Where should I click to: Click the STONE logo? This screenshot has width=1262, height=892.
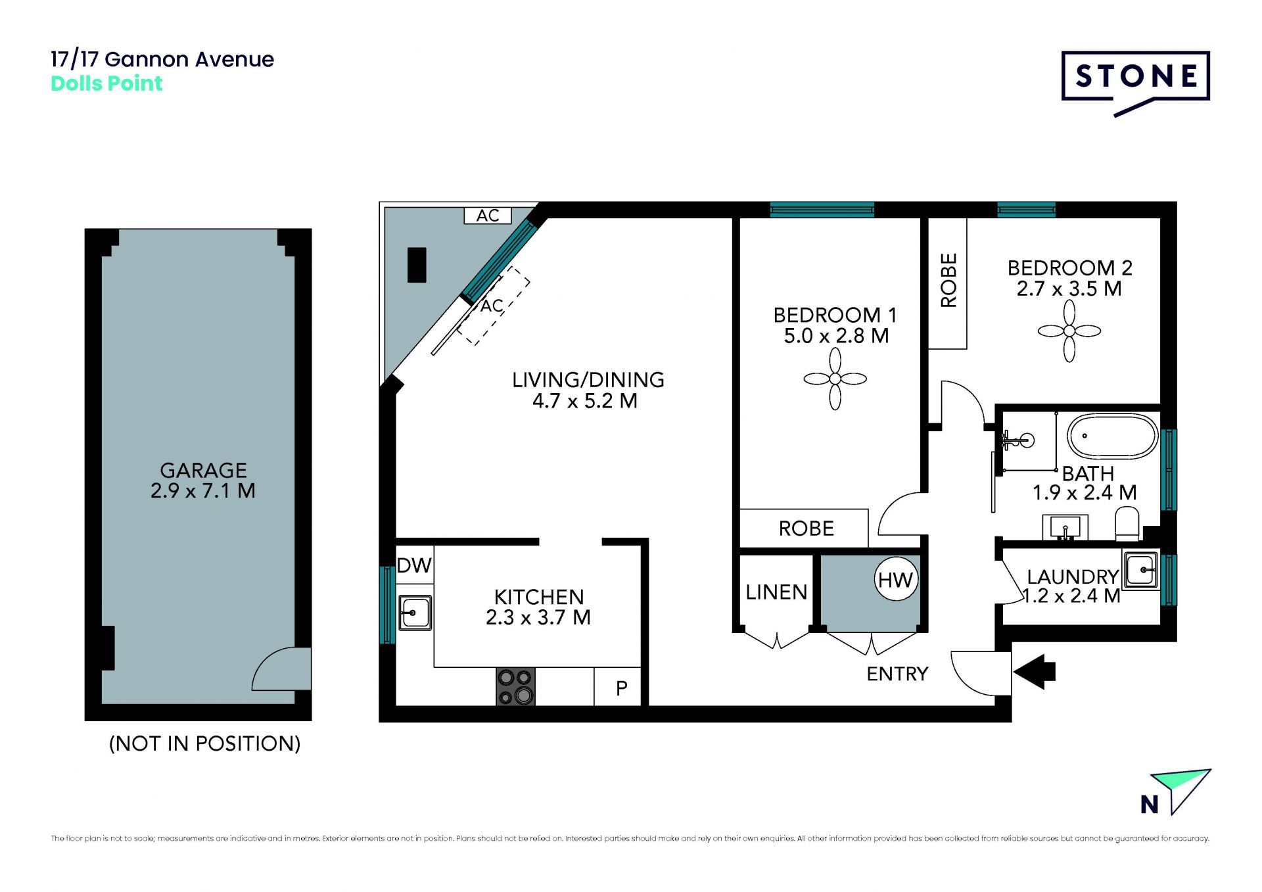pos(1135,83)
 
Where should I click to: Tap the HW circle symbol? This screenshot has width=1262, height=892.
pos(896,579)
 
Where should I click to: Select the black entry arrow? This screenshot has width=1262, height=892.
pos(1034,672)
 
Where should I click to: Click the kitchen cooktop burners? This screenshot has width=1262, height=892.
pos(515,687)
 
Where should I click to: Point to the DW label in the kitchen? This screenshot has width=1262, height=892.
pos(414,565)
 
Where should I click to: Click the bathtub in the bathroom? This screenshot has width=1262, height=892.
pos(1112,436)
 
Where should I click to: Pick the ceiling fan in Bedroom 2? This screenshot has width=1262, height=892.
pos(1069,331)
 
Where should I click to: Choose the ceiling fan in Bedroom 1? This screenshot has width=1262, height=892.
pos(835,379)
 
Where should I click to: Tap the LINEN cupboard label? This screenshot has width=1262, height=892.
pos(776,592)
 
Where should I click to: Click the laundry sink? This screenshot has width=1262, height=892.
pos(1141,569)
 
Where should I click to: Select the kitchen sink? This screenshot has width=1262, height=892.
pos(415,613)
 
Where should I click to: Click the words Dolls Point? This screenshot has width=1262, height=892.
pos(106,83)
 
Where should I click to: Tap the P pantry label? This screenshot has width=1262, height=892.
pos(622,688)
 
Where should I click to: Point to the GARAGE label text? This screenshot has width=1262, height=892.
pos(204,470)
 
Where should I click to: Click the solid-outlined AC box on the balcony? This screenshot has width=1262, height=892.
pos(488,216)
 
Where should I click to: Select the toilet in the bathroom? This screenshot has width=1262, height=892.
pos(1127,523)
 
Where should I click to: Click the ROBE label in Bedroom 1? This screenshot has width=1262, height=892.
pos(806,528)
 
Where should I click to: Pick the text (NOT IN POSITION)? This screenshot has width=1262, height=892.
pos(204,743)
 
